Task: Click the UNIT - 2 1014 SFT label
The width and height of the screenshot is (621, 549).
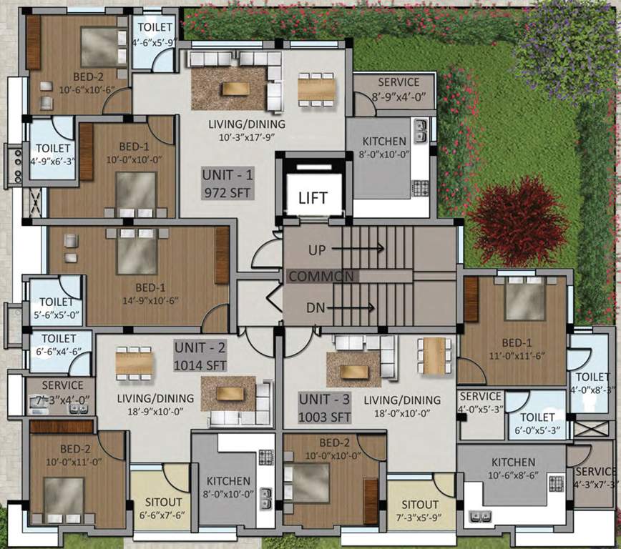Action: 201,357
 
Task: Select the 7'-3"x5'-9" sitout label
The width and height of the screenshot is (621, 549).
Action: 420,510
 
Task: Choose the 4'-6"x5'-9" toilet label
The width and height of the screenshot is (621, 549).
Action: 154,34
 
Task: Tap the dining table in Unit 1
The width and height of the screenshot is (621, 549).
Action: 316,89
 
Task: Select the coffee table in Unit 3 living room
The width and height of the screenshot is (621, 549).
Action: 354,371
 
